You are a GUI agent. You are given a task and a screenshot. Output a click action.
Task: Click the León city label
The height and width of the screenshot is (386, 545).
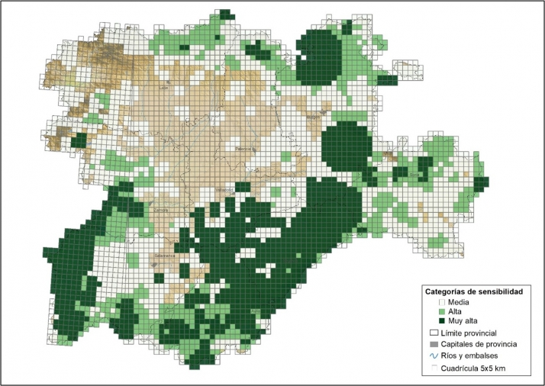click(x=163, y=88)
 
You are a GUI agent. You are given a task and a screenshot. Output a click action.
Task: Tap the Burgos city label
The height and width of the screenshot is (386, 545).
click(x=312, y=117)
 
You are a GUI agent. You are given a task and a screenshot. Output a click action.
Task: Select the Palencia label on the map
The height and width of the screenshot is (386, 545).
click(x=243, y=149)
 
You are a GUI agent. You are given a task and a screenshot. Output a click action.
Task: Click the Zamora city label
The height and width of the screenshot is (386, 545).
click(x=161, y=210)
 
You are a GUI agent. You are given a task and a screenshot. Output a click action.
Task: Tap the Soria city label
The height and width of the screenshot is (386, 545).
click(x=415, y=175)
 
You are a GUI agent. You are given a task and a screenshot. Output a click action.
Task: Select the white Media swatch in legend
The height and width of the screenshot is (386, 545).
click(x=440, y=303)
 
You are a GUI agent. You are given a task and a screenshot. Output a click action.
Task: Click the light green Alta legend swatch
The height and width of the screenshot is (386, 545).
click(x=440, y=312)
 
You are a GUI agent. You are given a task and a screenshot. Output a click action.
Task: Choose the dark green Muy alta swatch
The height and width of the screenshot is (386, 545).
click(x=440, y=322)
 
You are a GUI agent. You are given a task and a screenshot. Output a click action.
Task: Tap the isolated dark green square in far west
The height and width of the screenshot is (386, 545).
click(x=78, y=141)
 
